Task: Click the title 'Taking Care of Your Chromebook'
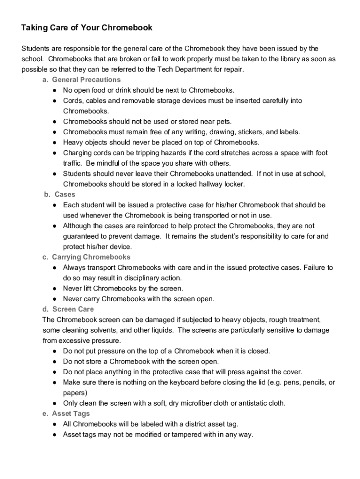(87, 28)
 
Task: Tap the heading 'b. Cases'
(59, 194)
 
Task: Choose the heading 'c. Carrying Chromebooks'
(86, 257)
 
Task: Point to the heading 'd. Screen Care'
(68, 309)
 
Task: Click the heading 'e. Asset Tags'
(66, 414)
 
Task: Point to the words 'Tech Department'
(183, 69)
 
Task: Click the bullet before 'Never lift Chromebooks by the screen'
(55, 288)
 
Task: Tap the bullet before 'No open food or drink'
(55, 90)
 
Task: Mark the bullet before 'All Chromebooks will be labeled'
(55, 424)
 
